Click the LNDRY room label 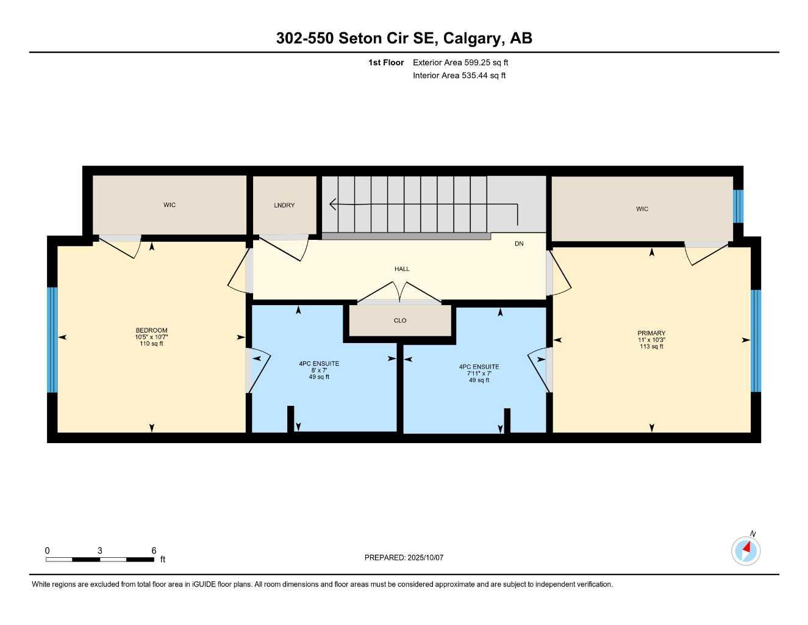tap(284, 205)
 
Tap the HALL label tap(402, 269)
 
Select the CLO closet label tap(400, 320)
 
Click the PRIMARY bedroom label tap(651, 333)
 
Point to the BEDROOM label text tap(151, 330)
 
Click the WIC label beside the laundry tap(170, 205)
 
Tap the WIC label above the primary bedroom tap(642, 209)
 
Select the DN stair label tap(519, 244)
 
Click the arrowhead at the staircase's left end tap(333, 204)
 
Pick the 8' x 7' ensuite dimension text tap(319, 370)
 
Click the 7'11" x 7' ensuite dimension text tap(479, 374)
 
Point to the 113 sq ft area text tap(651, 347)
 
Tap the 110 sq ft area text tap(151, 344)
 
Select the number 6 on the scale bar tap(154, 551)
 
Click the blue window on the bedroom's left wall tap(52, 339)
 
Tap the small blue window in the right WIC tap(738, 206)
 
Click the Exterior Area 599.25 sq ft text tap(460, 62)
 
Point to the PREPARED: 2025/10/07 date tap(404, 557)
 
